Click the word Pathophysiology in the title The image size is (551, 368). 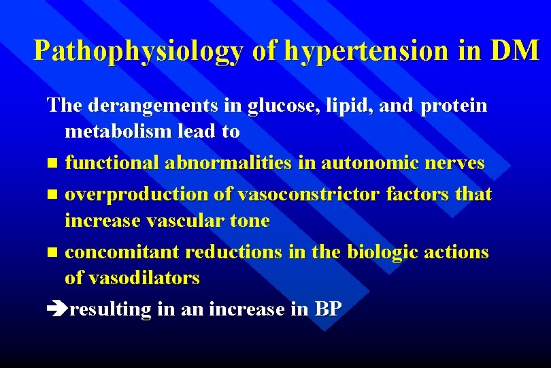[138, 51]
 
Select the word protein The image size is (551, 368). [453, 106]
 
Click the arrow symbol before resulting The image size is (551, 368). [56, 310]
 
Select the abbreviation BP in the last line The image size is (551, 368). [327, 309]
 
